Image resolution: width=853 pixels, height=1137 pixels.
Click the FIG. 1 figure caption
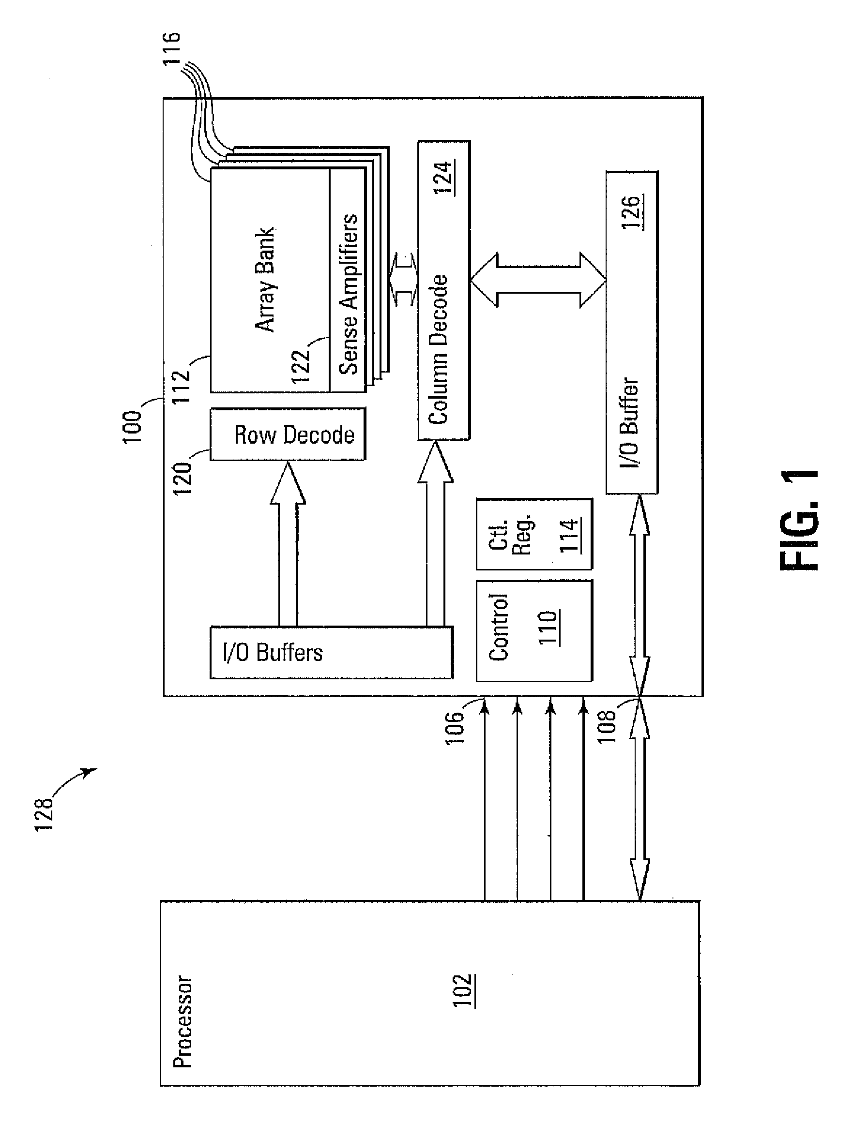(x=800, y=519)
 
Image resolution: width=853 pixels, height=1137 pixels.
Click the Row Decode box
(x=288, y=434)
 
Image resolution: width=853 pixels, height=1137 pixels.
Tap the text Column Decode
(x=438, y=349)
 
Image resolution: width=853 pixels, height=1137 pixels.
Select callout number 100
(x=132, y=427)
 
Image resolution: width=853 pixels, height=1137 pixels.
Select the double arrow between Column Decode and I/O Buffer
(x=538, y=280)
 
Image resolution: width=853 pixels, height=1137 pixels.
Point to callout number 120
(x=182, y=478)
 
